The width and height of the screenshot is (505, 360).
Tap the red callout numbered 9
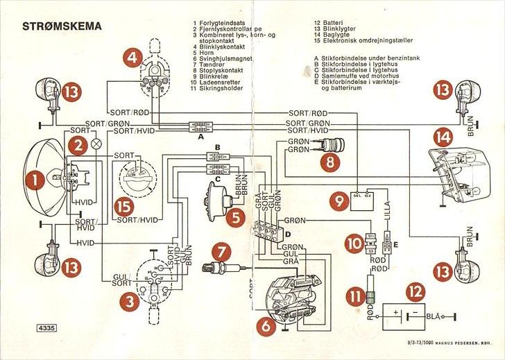[x=339, y=200]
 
